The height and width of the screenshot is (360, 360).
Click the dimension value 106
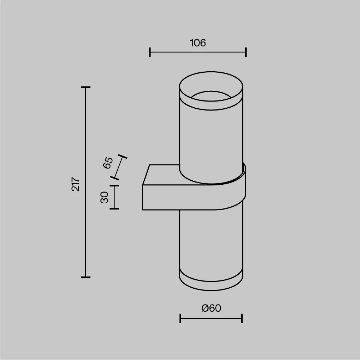[198, 43]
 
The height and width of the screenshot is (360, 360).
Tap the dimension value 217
[76, 184]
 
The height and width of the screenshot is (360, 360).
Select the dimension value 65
[108, 163]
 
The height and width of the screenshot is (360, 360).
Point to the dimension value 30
[104, 197]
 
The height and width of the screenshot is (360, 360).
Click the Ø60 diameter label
[211, 308]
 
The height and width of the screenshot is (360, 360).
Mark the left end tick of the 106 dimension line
[150, 52]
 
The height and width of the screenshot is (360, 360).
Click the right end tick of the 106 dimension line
[246, 52]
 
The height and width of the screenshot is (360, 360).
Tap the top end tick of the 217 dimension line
[86, 87]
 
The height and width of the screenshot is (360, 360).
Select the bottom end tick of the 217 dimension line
[86, 277]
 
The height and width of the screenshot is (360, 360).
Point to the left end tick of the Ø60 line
[180, 318]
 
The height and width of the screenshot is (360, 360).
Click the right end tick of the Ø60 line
[242, 318]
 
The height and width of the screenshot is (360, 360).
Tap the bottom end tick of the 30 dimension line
[114, 208]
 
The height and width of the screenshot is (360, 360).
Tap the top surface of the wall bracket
[162, 175]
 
